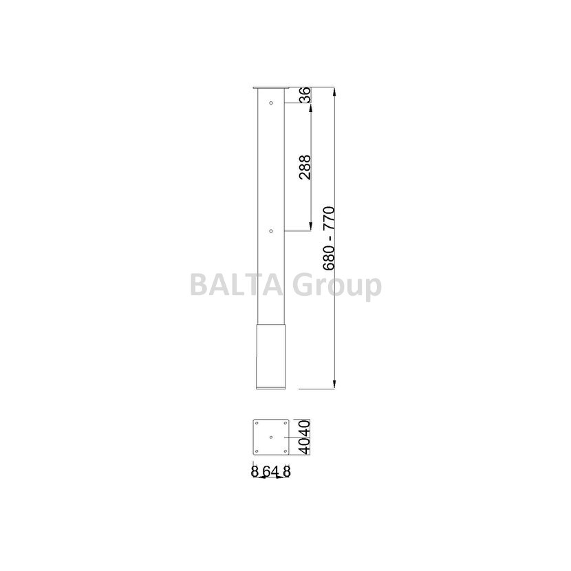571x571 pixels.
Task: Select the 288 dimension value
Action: [x=305, y=167]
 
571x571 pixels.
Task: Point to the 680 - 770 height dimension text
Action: [x=329, y=239]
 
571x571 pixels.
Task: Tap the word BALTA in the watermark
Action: [x=237, y=285]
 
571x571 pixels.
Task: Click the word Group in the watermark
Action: [x=337, y=287]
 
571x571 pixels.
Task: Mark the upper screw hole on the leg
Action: [x=271, y=103]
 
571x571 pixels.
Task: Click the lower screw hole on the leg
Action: [x=271, y=231]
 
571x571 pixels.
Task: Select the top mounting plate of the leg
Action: [x=271, y=88]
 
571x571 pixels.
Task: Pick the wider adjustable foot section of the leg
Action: [x=271, y=357]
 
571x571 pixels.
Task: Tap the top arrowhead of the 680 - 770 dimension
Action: [x=334, y=92]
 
